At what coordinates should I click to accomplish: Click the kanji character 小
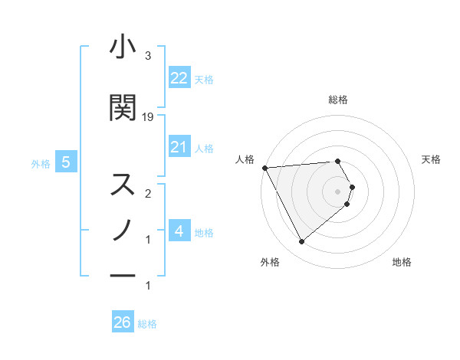coord(123,48)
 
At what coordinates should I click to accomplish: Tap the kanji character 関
coord(123,108)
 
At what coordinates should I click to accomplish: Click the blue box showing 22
coord(179,78)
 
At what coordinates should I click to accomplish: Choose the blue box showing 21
coord(179,147)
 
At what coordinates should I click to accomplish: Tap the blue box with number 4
coord(179,231)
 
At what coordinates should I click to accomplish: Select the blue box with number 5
coord(67,162)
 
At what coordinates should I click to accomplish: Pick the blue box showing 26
coord(123,322)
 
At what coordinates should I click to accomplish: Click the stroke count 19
coord(148,117)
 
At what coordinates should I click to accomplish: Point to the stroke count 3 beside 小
coord(148,56)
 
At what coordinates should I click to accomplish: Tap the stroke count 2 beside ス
coord(148,194)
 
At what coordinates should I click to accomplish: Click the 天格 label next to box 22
coord(204,79)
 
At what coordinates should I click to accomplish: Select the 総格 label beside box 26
coord(147,324)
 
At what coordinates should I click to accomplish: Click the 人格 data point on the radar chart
coord(264,168)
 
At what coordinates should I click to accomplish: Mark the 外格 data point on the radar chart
coord(301,242)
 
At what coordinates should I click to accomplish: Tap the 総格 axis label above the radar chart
coord(338,100)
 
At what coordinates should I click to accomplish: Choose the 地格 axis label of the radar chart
coord(402,263)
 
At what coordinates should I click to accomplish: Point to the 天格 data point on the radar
coord(352,187)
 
